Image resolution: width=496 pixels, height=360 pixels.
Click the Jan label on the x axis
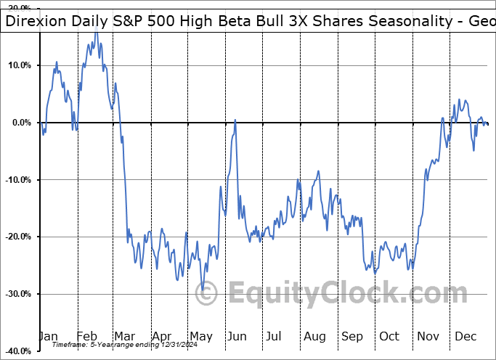[x=49, y=336]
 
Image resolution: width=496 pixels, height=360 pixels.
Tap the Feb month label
[x=88, y=336]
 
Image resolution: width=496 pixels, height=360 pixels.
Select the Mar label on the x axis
[x=125, y=336]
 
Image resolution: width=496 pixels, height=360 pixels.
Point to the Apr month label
[x=162, y=336]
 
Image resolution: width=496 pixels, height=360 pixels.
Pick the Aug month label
[x=314, y=336]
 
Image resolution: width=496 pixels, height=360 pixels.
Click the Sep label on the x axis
[x=352, y=336]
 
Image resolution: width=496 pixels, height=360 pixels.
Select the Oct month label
[x=389, y=336]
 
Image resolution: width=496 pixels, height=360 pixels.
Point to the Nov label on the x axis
[x=428, y=336]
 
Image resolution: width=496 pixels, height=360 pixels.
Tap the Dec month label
[x=465, y=336]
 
